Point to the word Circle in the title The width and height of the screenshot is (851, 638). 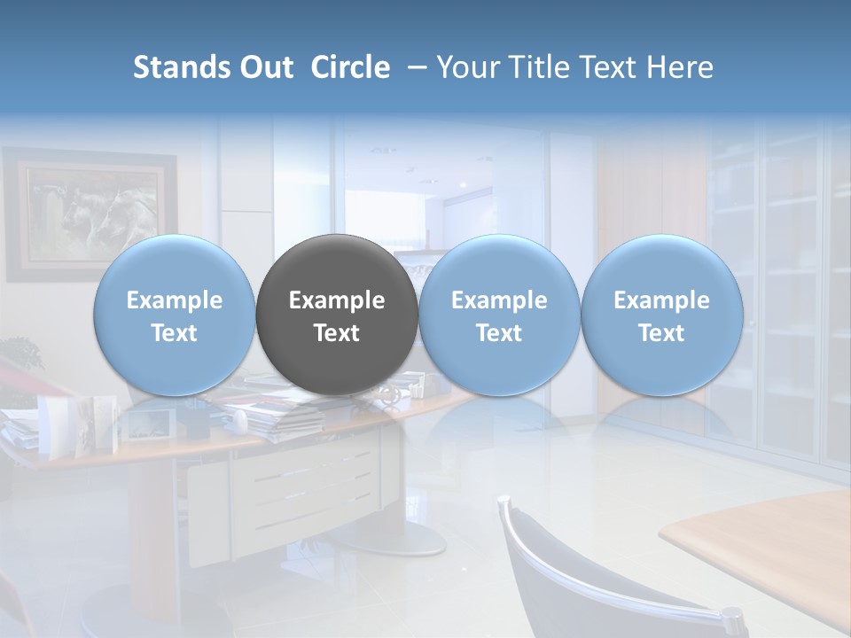click(x=350, y=67)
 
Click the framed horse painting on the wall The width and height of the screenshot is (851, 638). click(x=89, y=213)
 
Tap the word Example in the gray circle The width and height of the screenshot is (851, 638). click(x=337, y=300)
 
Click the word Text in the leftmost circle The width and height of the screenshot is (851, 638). click(x=174, y=333)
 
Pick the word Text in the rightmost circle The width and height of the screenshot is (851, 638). click(x=661, y=333)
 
